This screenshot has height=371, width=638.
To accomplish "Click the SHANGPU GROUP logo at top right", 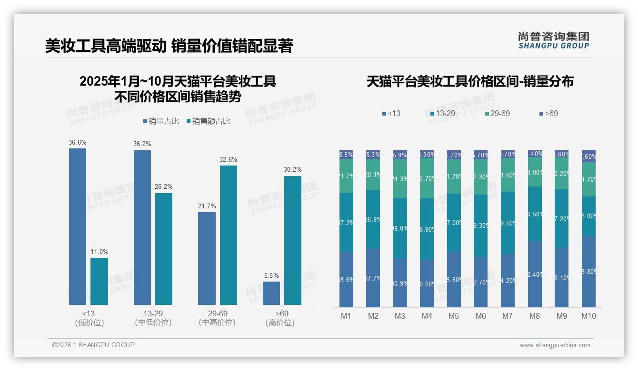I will point(553,40).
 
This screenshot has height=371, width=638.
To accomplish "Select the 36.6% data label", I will point(78,142).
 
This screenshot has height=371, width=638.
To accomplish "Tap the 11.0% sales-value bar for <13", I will point(99,281).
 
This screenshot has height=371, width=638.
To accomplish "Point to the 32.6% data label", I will point(228,159).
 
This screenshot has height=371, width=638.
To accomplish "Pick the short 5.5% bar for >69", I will point(271,293).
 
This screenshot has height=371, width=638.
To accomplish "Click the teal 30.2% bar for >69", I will point(293,240).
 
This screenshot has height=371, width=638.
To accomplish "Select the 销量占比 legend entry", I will point(161,121).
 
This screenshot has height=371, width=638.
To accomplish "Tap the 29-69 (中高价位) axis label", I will point(217,318).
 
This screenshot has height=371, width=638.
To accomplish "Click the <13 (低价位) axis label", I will point(89,318).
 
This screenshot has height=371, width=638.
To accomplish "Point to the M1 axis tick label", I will point(346,316).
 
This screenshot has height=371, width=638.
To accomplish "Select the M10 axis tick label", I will point(588,316).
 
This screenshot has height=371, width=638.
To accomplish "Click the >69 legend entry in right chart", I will point(548,113).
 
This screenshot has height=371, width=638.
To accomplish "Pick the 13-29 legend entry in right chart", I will point(443,113).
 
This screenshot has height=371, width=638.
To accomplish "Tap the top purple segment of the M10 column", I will point(588,156).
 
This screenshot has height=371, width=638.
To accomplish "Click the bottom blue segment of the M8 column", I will point(535,274).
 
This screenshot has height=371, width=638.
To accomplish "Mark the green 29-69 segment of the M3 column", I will point(400,179).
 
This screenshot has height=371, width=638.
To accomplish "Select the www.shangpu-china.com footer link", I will point(555,345).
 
